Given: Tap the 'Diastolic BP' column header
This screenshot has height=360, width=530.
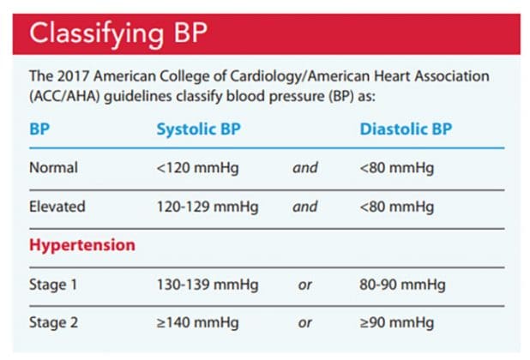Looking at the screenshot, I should (406, 129).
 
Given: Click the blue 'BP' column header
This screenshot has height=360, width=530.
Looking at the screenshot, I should (39, 129).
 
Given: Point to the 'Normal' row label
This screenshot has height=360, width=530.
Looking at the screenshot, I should (53, 168).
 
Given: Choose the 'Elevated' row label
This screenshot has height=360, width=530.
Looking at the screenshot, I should (57, 207).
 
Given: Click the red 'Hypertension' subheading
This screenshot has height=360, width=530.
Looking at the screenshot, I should (82, 245).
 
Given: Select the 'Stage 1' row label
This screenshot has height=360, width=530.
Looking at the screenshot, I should (53, 285).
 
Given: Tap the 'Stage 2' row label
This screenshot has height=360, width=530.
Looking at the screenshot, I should (53, 323).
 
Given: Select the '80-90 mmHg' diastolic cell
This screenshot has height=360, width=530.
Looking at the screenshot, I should (402, 285).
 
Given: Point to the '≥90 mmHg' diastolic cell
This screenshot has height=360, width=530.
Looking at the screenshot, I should (396, 323).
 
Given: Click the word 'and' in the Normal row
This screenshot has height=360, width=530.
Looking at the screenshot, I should (304, 168).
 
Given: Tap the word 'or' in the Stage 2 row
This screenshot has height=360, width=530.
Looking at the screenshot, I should (304, 323).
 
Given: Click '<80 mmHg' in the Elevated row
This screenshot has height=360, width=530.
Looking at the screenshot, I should (396, 207).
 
